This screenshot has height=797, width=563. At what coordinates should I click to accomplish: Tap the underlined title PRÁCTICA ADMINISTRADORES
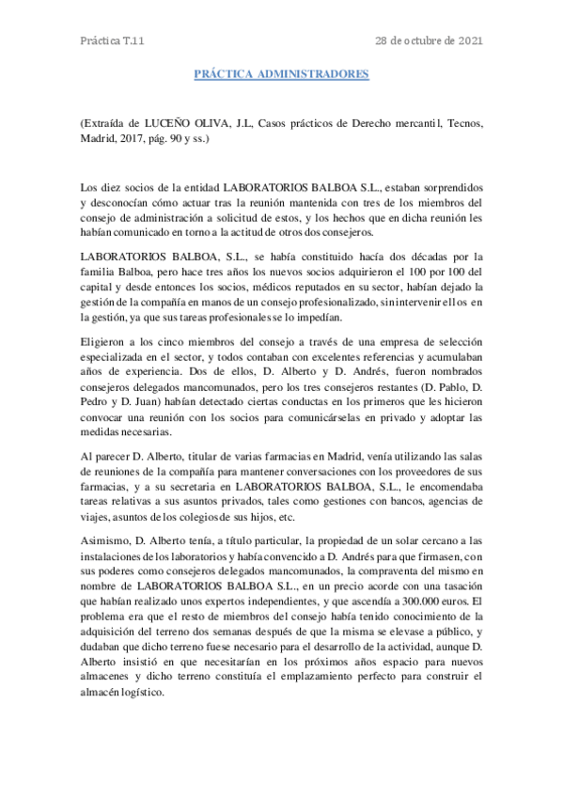(281, 72)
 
